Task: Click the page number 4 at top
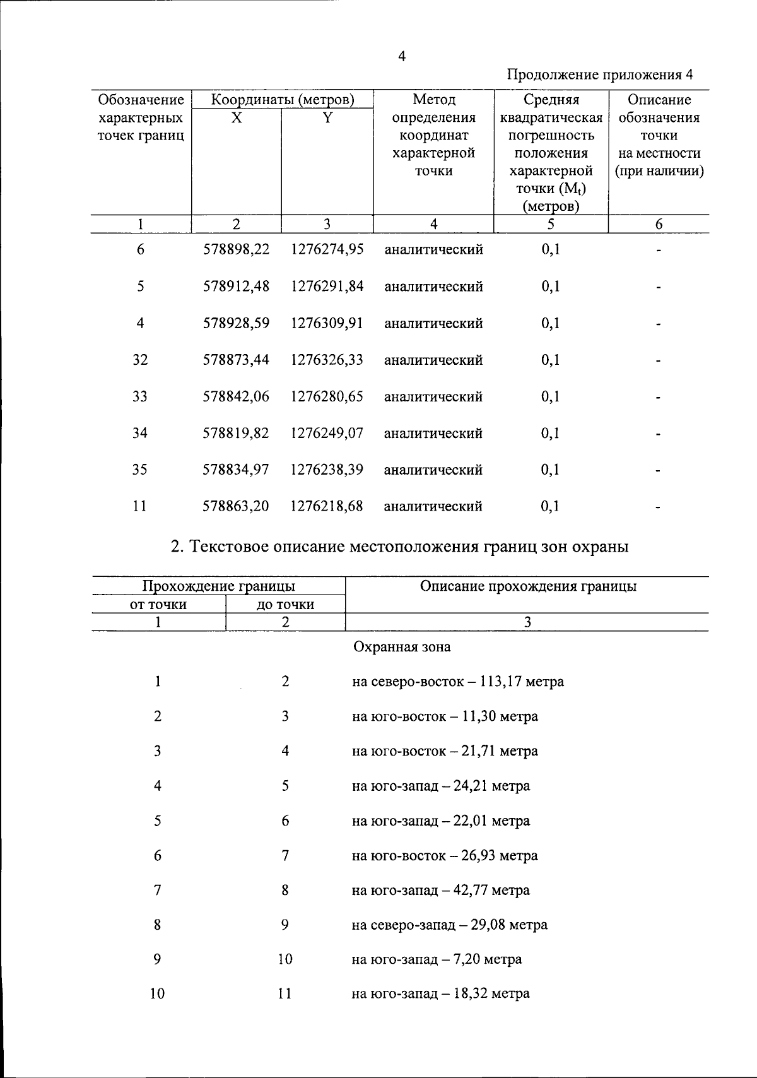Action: (x=402, y=57)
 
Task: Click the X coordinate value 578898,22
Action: (x=236, y=249)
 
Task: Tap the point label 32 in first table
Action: (x=140, y=360)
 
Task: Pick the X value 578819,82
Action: (x=236, y=433)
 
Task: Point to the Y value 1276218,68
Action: (x=327, y=506)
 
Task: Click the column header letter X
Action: (x=236, y=117)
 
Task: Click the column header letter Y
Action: (x=327, y=117)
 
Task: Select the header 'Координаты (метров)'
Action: (x=282, y=100)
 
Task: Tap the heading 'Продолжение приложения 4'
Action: (x=600, y=75)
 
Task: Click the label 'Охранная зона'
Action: (x=402, y=647)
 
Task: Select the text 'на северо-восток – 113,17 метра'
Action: (x=458, y=682)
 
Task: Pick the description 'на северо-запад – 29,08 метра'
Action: (x=450, y=925)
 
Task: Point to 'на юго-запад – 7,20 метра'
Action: (x=437, y=959)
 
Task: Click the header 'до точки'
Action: (x=285, y=605)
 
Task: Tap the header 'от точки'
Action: (x=158, y=605)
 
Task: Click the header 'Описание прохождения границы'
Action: (x=528, y=586)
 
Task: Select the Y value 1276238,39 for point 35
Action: (x=327, y=470)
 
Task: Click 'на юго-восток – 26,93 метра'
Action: (x=445, y=856)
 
